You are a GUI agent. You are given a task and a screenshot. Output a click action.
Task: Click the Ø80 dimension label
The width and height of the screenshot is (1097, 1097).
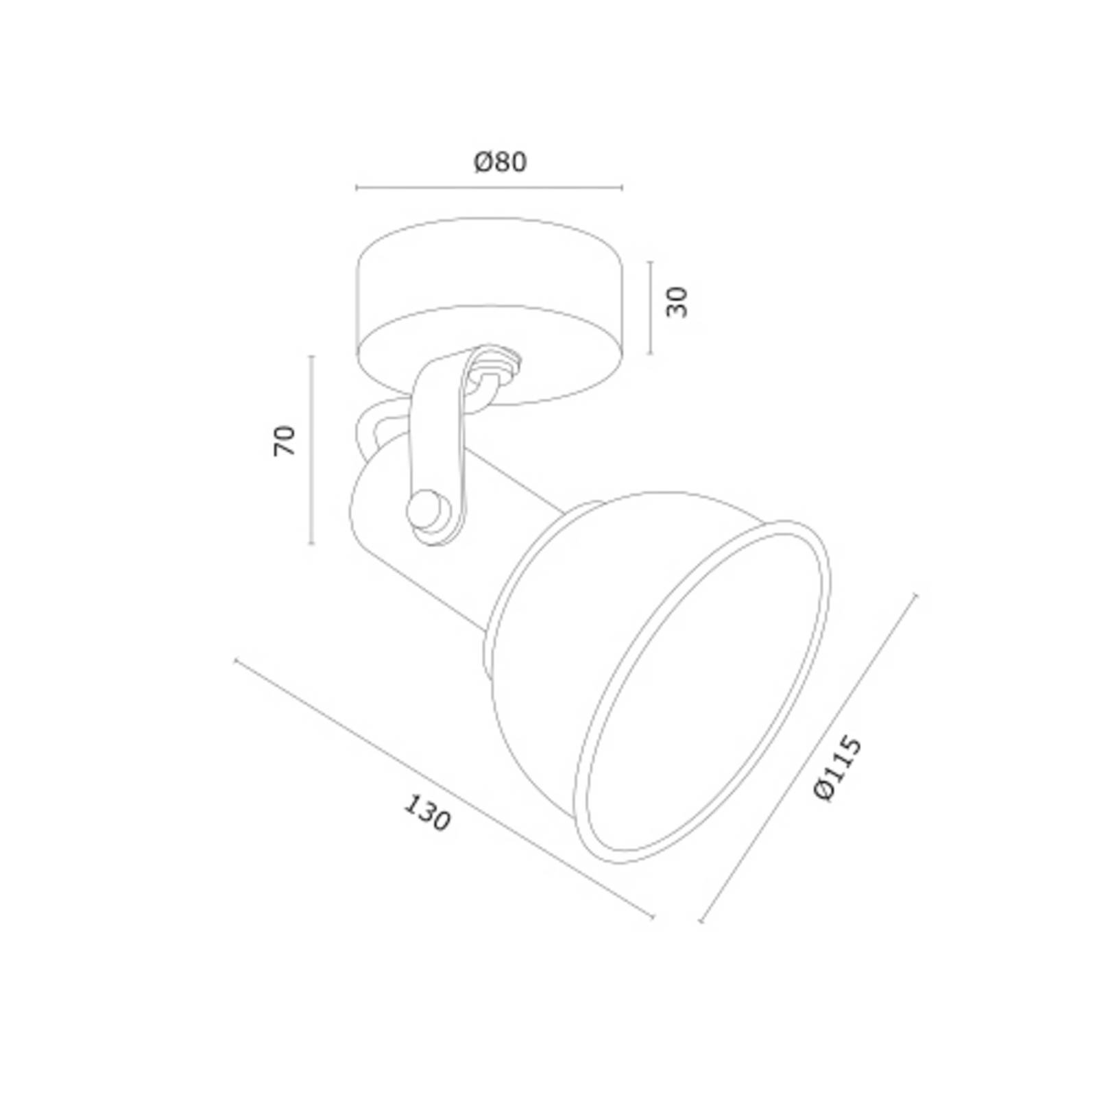501,162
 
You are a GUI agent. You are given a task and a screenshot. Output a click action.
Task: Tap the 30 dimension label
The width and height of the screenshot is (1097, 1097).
677,302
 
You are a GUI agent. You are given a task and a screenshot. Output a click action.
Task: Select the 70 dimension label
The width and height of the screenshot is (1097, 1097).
284,441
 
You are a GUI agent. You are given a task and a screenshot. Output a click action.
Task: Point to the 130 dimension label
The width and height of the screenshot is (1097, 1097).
426,812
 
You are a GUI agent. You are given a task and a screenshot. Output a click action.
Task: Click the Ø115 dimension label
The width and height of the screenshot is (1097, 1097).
837,767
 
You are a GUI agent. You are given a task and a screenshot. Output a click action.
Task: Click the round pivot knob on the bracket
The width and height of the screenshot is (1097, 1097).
426,510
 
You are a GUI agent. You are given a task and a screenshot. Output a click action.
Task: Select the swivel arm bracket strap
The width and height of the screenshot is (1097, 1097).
439,446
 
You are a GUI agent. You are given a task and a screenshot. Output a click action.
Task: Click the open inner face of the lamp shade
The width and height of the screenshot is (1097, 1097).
706,692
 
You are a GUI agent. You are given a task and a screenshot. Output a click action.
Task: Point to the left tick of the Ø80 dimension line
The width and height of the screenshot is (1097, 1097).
357,187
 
